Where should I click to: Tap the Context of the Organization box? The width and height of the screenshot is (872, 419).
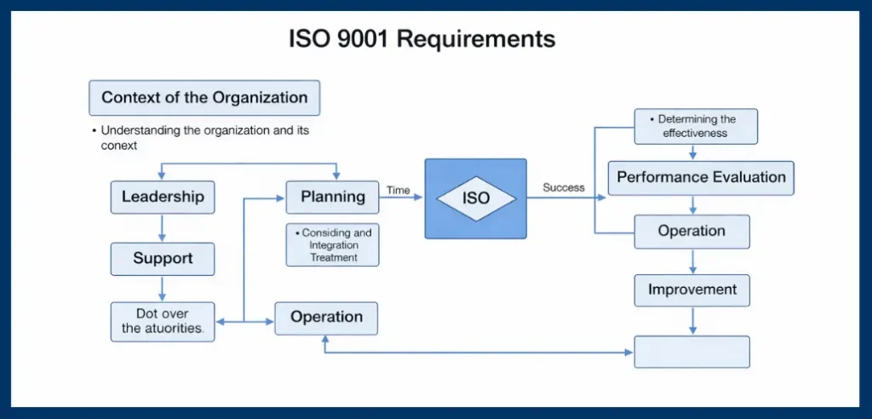pyautogui.click(x=204, y=97)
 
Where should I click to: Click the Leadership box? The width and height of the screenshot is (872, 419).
pyautogui.click(x=163, y=197)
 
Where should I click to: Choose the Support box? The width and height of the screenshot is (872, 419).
pyautogui.click(x=163, y=258)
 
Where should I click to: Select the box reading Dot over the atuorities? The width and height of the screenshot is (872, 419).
pyautogui.click(x=163, y=320)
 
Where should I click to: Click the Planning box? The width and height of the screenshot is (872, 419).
pyautogui.click(x=332, y=197)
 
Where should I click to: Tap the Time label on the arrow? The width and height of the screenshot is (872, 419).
pyautogui.click(x=398, y=190)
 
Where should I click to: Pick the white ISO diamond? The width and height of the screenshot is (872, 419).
pyautogui.click(x=476, y=198)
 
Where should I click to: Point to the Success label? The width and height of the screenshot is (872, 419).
pyautogui.click(x=564, y=187)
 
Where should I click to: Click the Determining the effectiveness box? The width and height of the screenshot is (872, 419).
pyautogui.click(x=696, y=126)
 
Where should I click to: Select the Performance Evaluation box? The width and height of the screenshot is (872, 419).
pyautogui.click(x=701, y=178)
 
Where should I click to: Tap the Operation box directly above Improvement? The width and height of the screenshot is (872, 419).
pyautogui.click(x=691, y=231)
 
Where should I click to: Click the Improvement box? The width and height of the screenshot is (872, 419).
pyautogui.click(x=691, y=290)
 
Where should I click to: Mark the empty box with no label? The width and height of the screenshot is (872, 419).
pyautogui.click(x=691, y=351)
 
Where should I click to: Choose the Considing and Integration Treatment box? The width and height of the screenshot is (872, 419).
pyautogui.click(x=332, y=245)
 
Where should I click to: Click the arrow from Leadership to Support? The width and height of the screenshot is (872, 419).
pyautogui.click(x=163, y=227)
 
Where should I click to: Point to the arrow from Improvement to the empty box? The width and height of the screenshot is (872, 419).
pyautogui.click(x=692, y=320)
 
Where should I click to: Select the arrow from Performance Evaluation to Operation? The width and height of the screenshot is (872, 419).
pyautogui.click(x=694, y=204)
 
